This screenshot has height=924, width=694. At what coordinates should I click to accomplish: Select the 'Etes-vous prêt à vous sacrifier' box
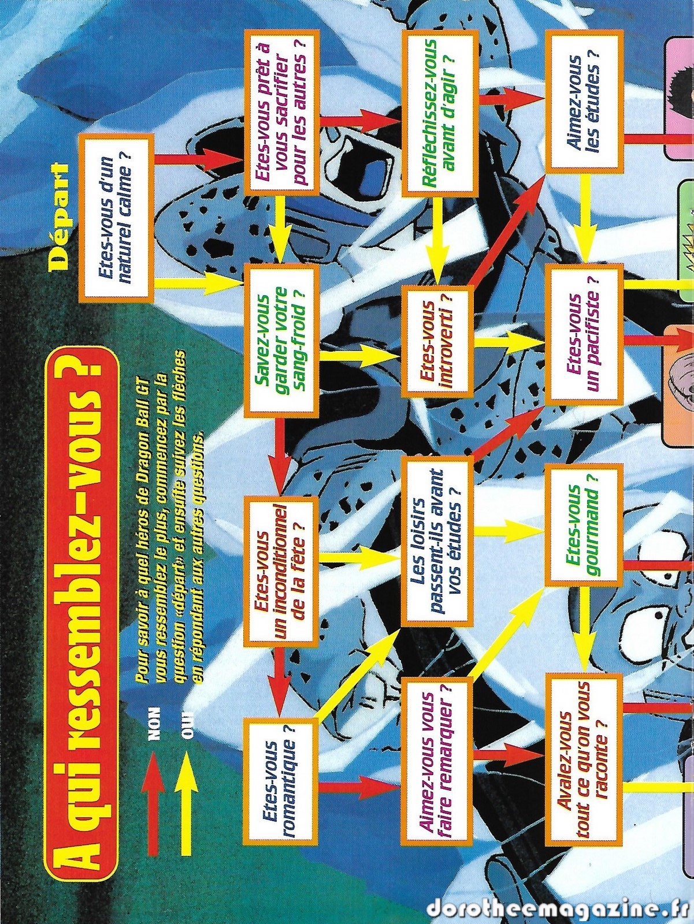coord(280,114)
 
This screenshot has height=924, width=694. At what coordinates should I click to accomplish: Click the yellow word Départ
coord(58,209)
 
